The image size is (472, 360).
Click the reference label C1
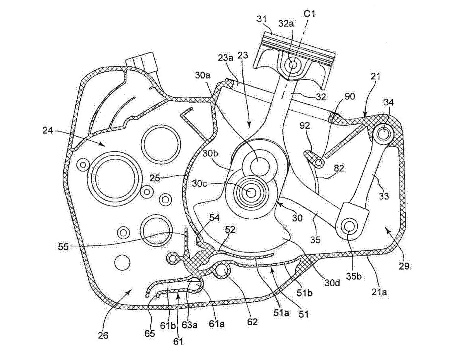click(x=309, y=14)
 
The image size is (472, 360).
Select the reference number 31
click(x=262, y=19)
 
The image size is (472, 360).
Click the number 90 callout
click(x=350, y=96)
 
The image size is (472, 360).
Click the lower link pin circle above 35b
click(x=349, y=226)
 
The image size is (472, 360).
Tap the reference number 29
click(x=404, y=266)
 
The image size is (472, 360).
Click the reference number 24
click(x=48, y=131)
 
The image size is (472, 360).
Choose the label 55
click(x=63, y=246)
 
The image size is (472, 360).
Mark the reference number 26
click(x=103, y=335)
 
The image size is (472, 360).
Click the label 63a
click(x=189, y=324)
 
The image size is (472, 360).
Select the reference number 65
click(x=150, y=334)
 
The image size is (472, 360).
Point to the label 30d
click(x=332, y=283)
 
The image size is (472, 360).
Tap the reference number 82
click(x=339, y=168)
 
